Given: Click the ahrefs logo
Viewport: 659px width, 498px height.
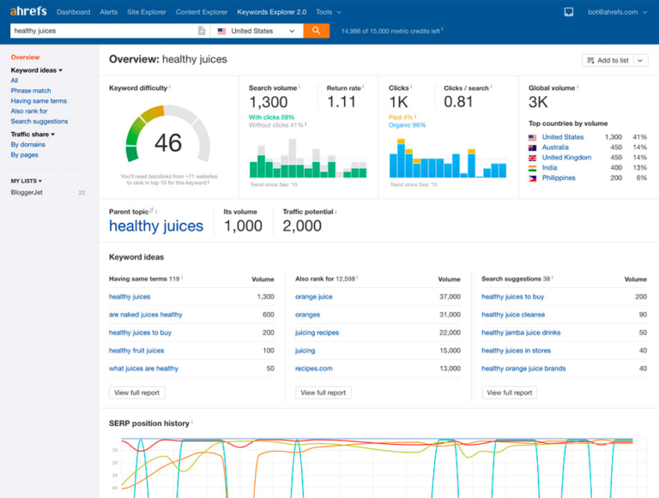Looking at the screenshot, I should point(27,12).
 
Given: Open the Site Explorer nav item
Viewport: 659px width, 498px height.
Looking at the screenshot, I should point(147,12).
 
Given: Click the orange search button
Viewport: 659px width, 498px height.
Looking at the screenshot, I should point(316,31).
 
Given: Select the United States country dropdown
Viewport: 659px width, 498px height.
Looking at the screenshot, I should point(257,31).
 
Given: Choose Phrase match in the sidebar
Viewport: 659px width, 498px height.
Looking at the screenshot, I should point(31,91).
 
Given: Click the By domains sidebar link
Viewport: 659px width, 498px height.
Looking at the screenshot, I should point(27,145).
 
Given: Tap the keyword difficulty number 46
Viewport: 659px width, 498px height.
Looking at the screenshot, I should point(168,142).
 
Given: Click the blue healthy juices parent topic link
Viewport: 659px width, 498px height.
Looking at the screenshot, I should point(156,226).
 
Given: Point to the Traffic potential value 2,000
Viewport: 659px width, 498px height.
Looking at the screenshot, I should point(302,226).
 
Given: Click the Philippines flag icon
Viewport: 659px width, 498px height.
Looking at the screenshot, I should point(533,178).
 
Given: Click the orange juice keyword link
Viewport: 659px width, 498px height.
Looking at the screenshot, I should point(313,297).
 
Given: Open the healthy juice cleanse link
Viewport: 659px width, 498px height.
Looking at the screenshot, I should point(512,315).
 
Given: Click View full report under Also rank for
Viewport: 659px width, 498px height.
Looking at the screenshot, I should point(323,393).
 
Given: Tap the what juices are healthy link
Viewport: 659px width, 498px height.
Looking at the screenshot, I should point(143,369).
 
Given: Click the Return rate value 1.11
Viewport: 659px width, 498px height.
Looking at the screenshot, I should point(342,102).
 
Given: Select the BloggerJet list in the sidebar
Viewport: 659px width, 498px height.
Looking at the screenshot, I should point(27,193).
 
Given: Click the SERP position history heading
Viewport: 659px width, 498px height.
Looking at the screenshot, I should point(148,423).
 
